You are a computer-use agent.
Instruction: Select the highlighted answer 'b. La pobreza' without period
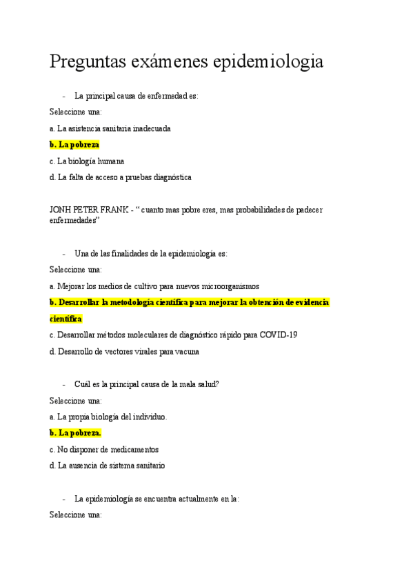(x=74, y=145)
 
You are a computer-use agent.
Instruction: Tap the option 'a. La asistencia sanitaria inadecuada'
(x=110, y=128)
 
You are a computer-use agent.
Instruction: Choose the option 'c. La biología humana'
(x=87, y=161)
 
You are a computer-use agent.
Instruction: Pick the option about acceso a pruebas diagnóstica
(x=121, y=177)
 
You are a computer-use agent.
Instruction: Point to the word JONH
(x=61, y=210)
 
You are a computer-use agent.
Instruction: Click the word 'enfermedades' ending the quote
(x=72, y=220)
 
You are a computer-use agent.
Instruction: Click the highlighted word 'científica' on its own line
(x=66, y=319)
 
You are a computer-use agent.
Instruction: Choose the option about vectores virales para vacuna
(x=125, y=352)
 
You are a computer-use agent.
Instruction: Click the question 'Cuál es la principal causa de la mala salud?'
(x=147, y=384)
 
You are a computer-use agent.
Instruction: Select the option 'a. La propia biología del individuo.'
(x=108, y=417)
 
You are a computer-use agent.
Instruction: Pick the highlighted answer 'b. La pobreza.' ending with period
(x=75, y=433)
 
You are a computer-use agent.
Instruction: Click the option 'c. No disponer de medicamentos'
(x=104, y=449)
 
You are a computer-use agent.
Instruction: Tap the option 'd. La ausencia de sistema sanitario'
(x=107, y=466)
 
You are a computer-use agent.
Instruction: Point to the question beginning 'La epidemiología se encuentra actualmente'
(x=157, y=498)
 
